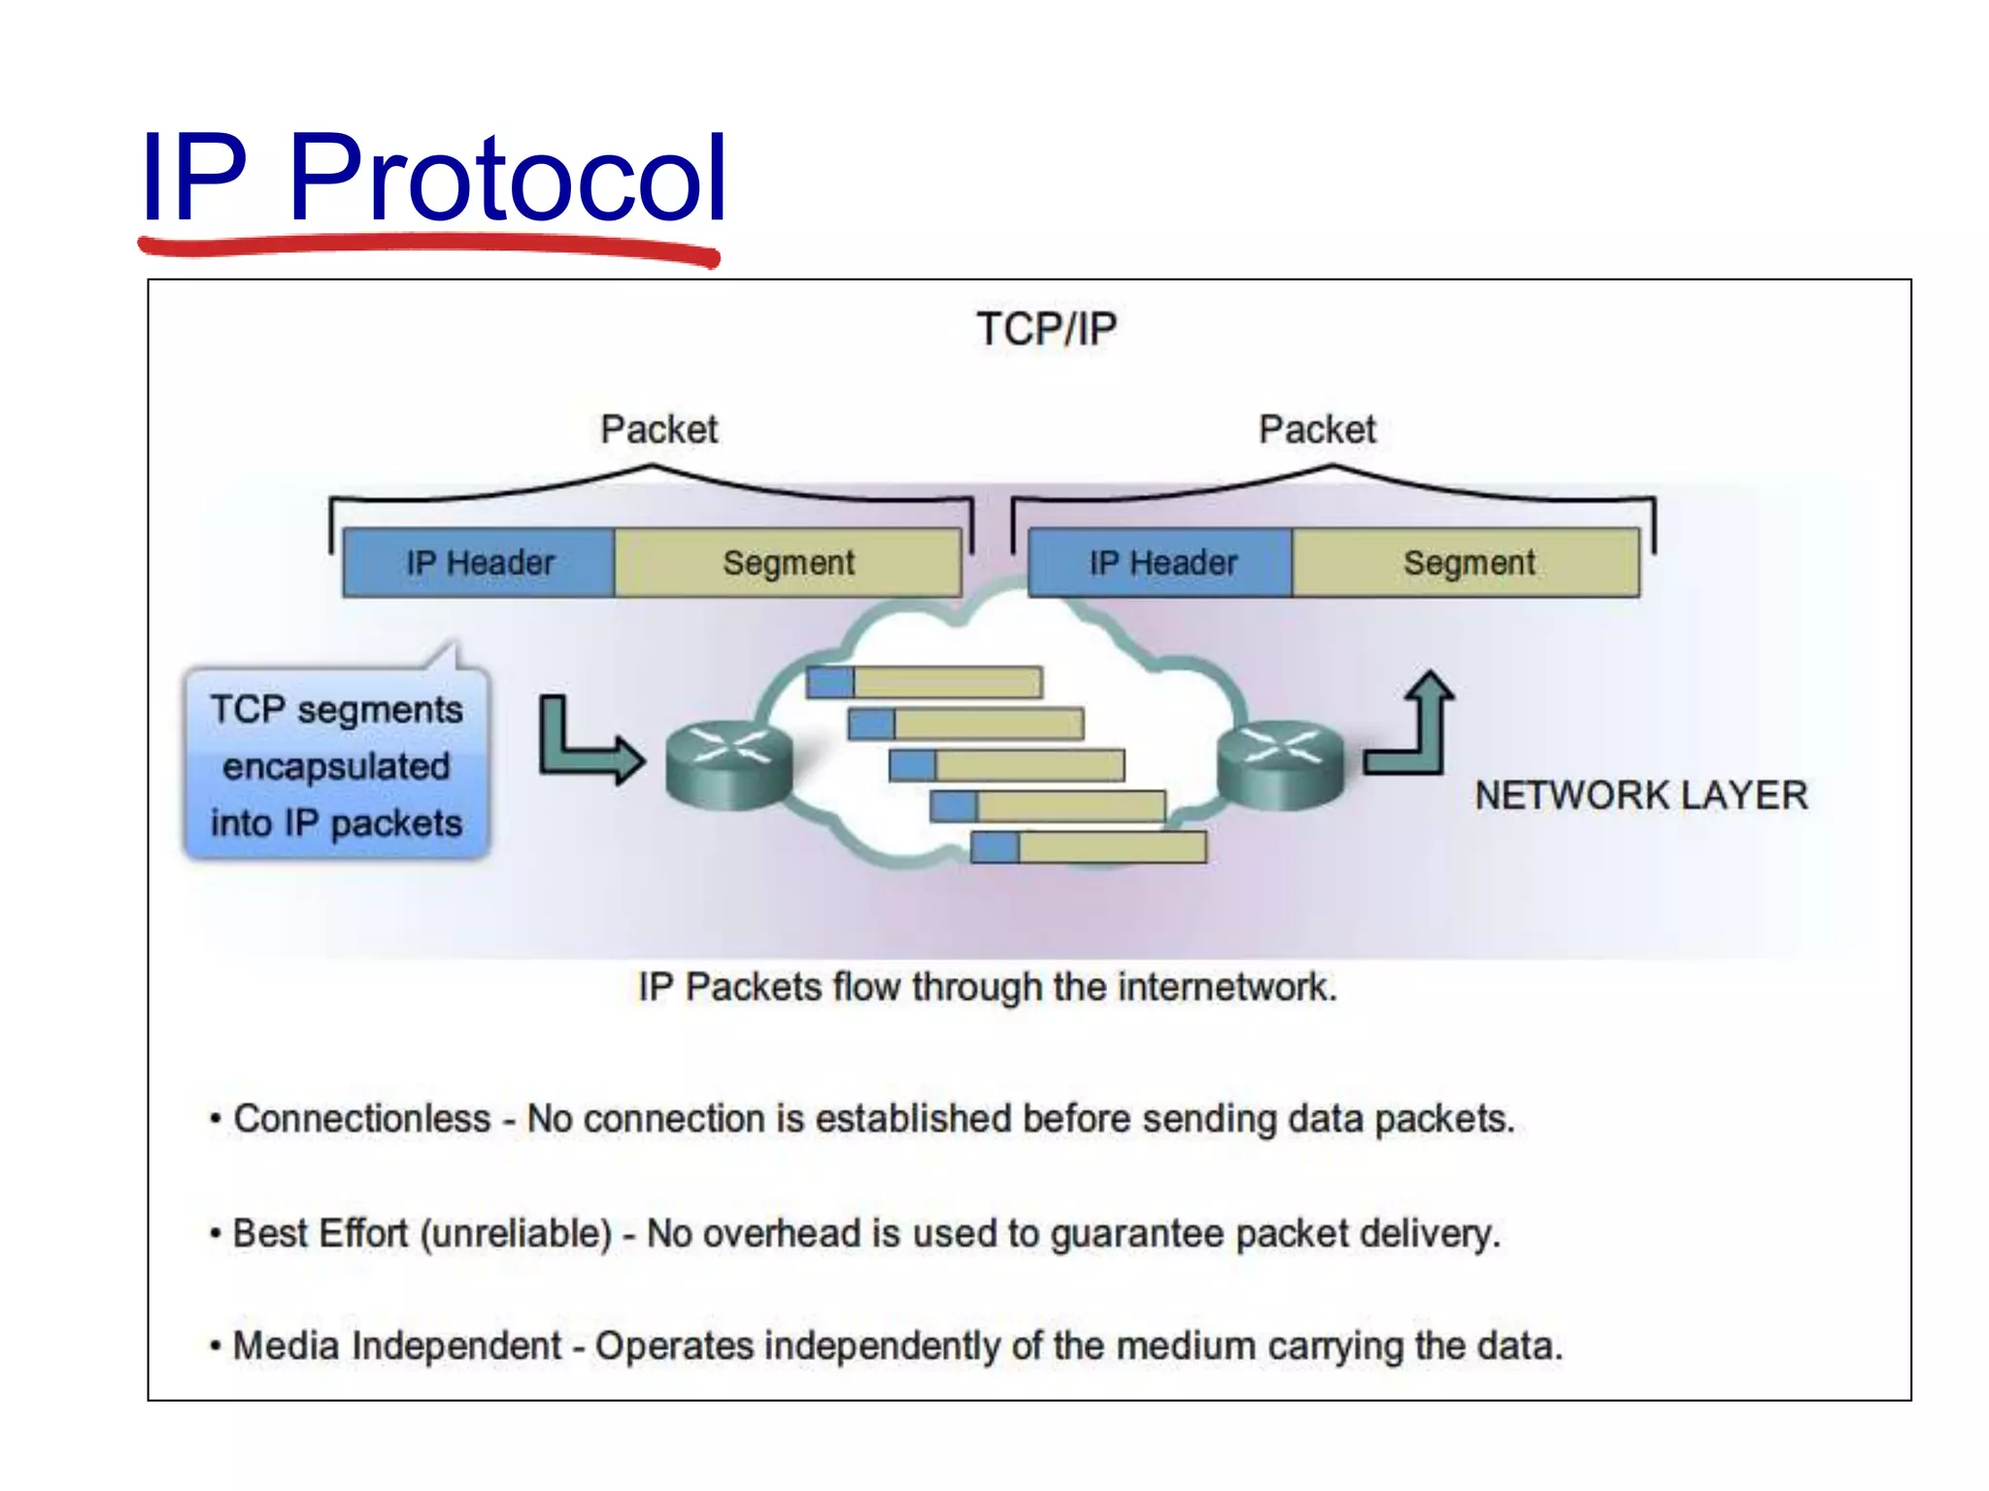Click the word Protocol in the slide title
pyautogui.click(x=507, y=180)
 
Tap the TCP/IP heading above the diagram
pyautogui.click(x=1046, y=329)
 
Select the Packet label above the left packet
pyautogui.click(x=658, y=429)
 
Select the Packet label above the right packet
pyautogui.click(x=1317, y=429)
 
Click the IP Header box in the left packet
pyautogui.click(x=480, y=563)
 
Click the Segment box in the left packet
pyautogui.click(x=788, y=563)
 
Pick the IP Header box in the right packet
pyautogui.click(x=1162, y=563)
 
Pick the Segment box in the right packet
pyautogui.click(x=1468, y=563)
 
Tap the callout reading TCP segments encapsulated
pyautogui.click(x=336, y=765)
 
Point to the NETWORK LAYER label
pyautogui.click(x=1640, y=796)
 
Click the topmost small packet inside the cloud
pyautogui.click(x=924, y=682)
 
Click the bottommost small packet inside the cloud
pyautogui.click(x=1088, y=847)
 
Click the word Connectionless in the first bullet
pyautogui.click(x=361, y=1119)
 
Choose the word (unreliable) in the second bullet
pyautogui.click(x=516, y=1234)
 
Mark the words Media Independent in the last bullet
pyautogui.click(x=396, y=1346)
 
